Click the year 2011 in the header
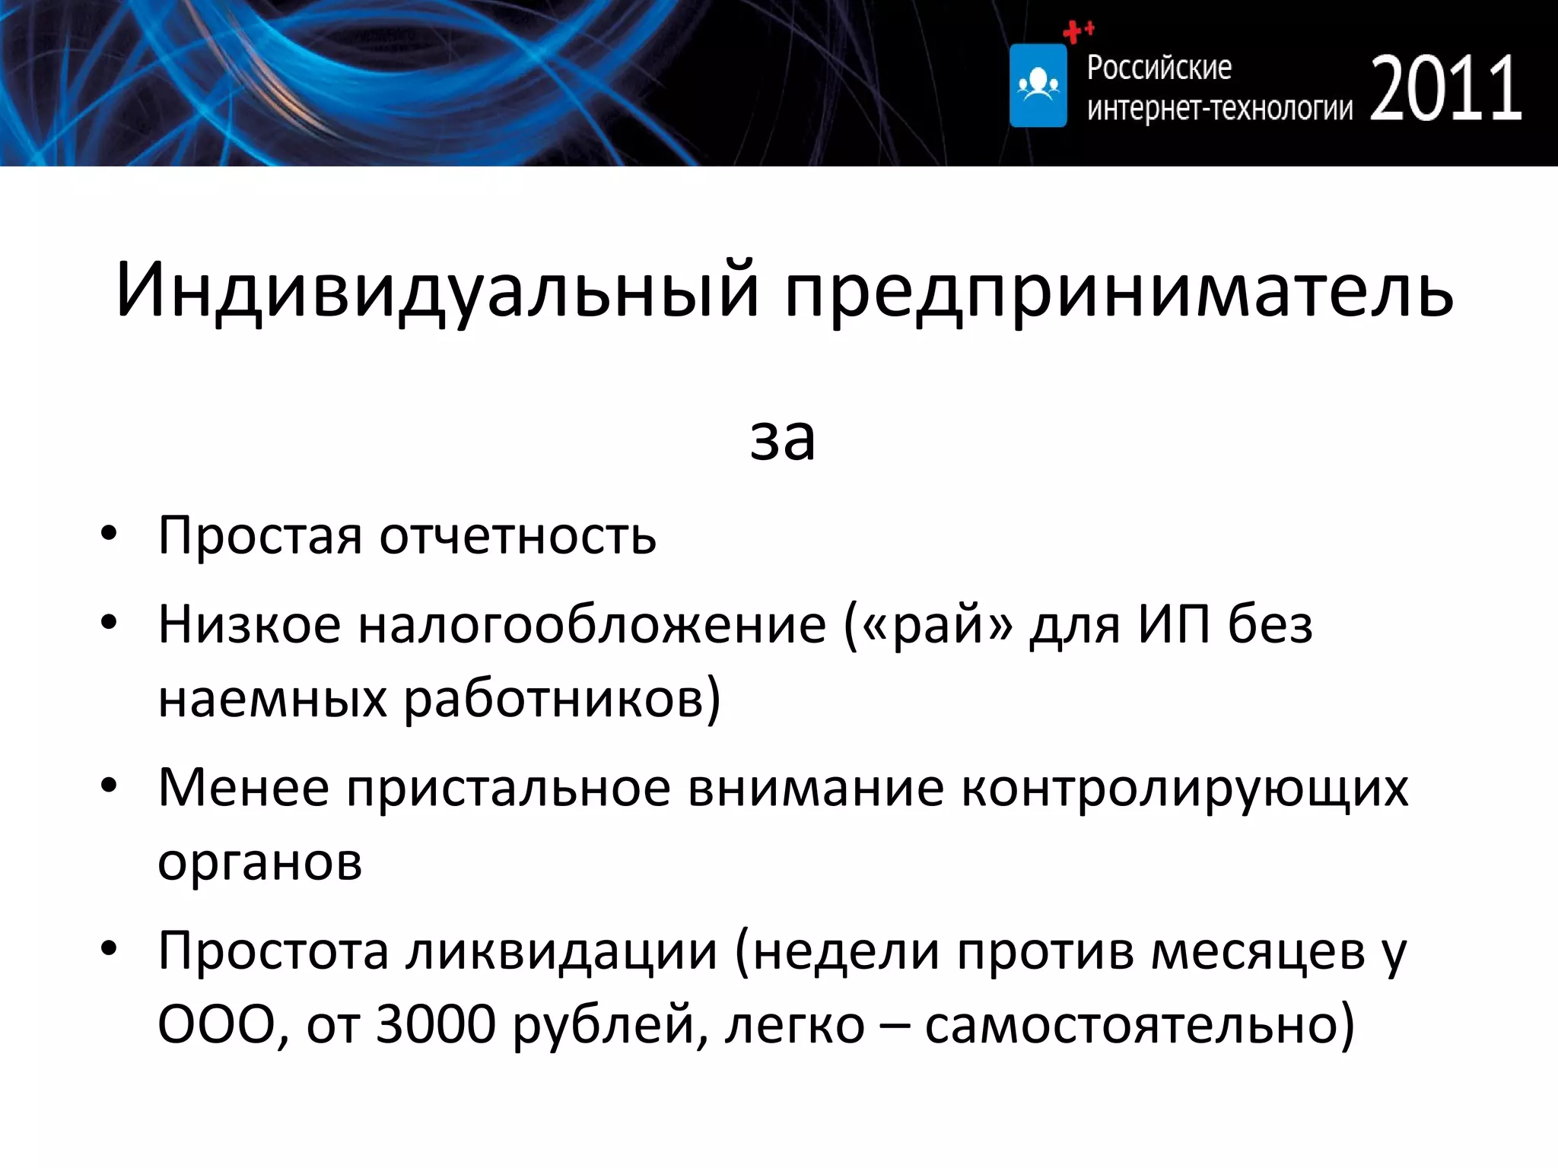point(1445,89)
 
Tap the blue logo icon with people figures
point(1038,85)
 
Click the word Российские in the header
point(1159,68)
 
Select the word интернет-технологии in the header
point(1219,109)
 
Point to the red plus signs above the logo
point(1078,31)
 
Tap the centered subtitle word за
point(782,439)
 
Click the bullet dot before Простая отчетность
point(109,535)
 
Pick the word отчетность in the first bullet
point(517,537)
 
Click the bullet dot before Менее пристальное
point(109,786)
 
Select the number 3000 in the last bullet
point(436,1025)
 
